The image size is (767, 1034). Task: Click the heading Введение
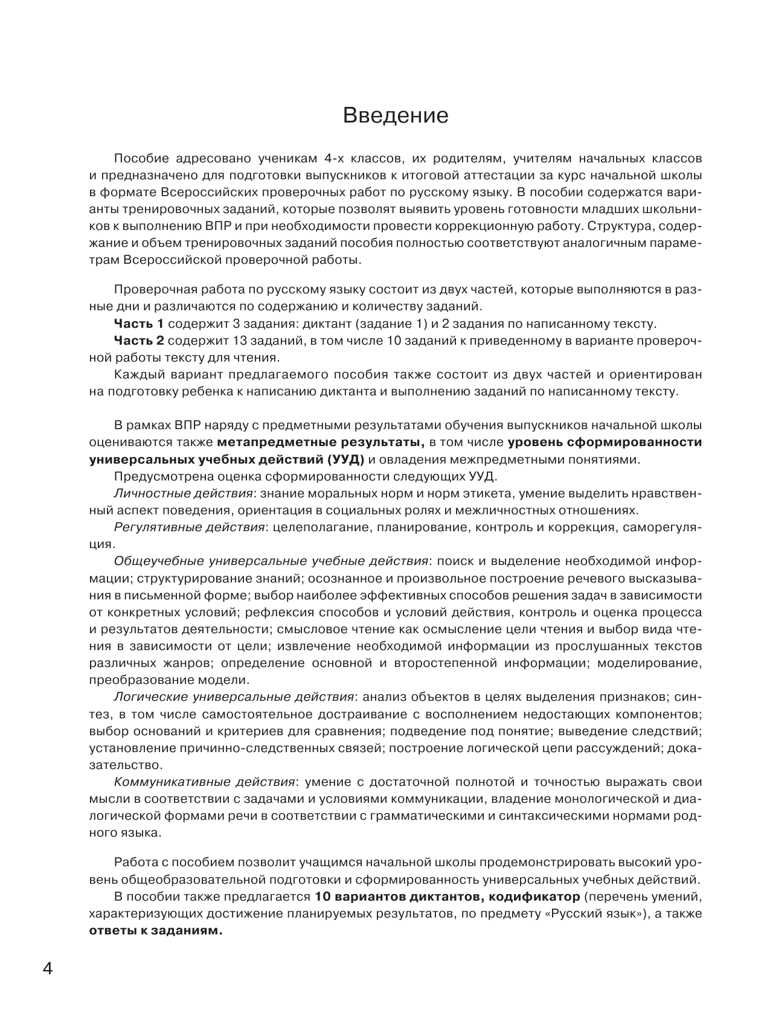point(395,115)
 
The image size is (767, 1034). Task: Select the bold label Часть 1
point(138,324)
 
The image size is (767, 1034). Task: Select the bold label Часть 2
point(138,340)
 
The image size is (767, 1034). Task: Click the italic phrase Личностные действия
point(183,493)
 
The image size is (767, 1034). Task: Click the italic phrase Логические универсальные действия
point(234,697)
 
